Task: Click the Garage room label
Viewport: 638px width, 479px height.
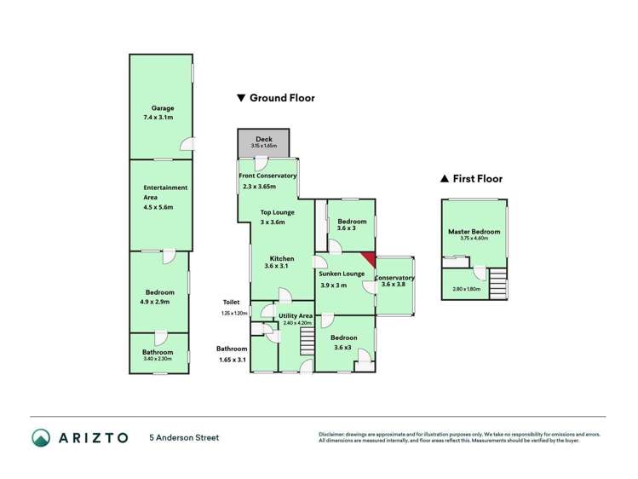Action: tap(163, 108)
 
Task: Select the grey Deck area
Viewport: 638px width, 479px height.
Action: tap(263, 142)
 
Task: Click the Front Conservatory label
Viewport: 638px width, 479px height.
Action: tap(267, 176)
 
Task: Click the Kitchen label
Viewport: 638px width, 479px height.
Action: tap(282, 258)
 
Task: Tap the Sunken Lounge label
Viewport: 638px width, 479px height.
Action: tap(342, 274)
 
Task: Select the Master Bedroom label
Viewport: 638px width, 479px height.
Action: tap(474, 232)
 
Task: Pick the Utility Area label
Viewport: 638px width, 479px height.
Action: tap(296, 316)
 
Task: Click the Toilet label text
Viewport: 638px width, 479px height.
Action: tap(232, 303)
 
